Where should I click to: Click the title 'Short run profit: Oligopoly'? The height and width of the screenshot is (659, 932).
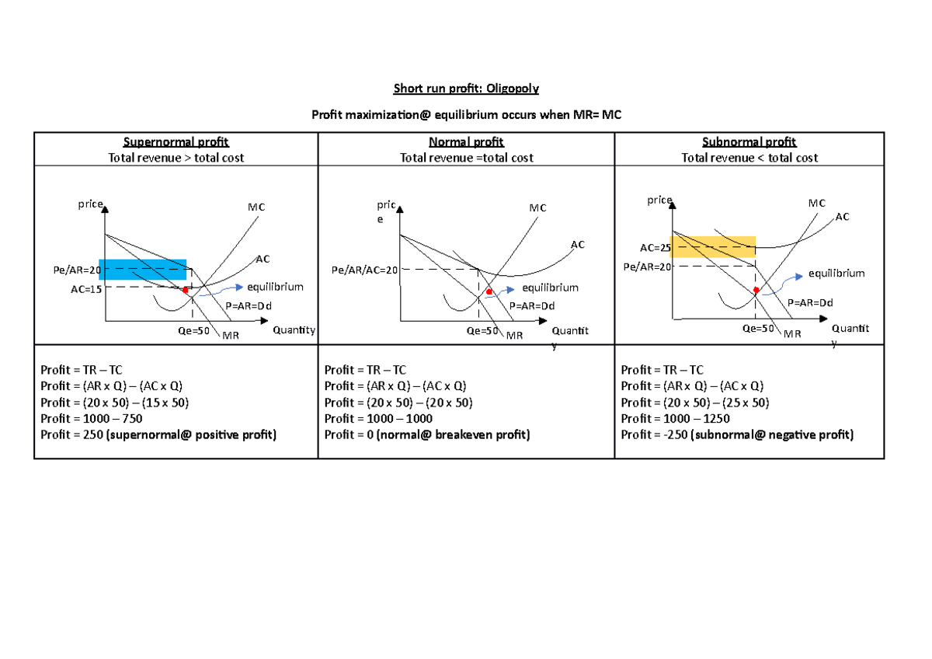click(466, 89)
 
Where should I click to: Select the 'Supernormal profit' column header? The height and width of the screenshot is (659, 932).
click(176, 141)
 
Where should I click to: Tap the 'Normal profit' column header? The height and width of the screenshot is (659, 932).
click(466, 141)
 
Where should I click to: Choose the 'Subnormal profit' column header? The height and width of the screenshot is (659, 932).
click(749, 141)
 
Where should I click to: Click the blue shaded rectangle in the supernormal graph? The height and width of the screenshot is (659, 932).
click(143, 269)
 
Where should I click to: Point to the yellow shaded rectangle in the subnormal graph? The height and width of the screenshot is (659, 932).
click(713, 246)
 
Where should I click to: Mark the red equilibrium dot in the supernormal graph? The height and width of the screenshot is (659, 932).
click(186, 290)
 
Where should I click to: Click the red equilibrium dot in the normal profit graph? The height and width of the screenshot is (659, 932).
click(489, 292)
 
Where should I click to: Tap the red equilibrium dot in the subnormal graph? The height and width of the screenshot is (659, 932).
click(756, 290)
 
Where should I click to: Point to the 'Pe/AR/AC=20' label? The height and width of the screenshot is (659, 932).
click(364, 270)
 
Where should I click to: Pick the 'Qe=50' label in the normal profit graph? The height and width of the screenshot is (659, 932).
click(482, 330)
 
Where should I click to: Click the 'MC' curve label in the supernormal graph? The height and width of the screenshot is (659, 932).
click(256, 207)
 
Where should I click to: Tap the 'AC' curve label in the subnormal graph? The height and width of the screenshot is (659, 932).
click(843, 217)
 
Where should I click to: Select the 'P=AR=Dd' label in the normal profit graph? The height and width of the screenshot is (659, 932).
click(532, 305)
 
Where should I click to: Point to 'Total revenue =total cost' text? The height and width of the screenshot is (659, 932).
click(466, 158)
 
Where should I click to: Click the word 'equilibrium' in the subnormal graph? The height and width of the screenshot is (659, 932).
click(836, 274)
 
